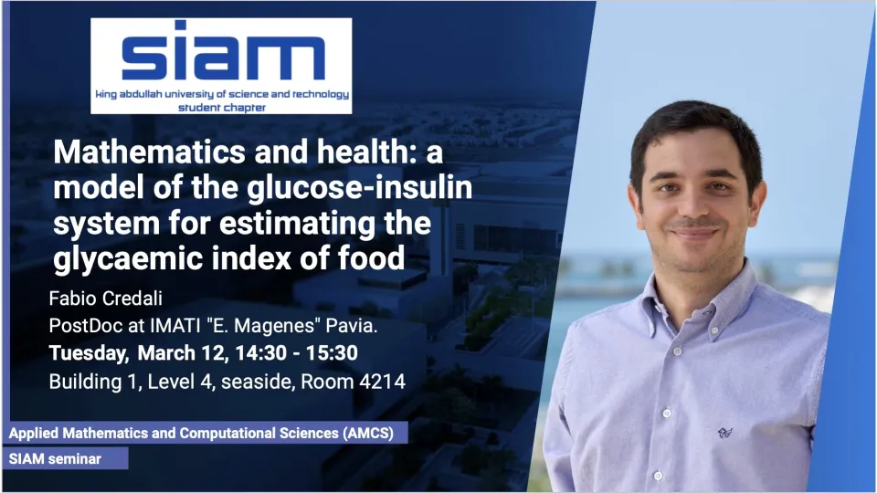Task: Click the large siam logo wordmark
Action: pos(223,51)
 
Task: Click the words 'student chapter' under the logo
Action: pos(222,108)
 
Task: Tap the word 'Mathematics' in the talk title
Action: pos(149,152)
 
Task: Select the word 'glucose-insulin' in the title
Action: pos(360,187)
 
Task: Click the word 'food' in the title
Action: pos(371,257)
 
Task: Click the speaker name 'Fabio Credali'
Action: pos(106,299)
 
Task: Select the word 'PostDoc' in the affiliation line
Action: pos(86,325)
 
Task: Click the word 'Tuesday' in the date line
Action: pos(89,353)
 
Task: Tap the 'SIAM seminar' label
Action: pos(55,459)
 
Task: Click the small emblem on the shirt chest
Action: pos(724,432)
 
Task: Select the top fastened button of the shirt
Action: pos(677,351)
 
